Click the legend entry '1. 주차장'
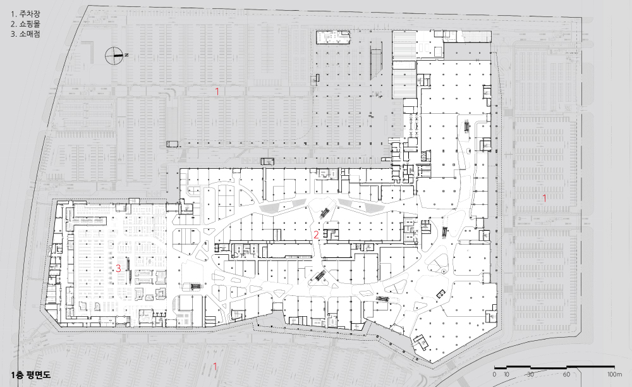pos(25,14)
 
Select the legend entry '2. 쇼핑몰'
pos(25,24)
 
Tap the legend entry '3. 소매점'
pos(25,34)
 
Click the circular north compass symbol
pos(114,56)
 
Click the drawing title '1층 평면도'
pos(31,374)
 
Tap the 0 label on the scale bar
pos(495,374)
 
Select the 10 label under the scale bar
pos(506,374)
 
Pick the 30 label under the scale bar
pos(530,374)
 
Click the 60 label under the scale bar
pos(566,374)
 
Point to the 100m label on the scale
pos(615,374)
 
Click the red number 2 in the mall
pos(317,235)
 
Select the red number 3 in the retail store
pos(119,268)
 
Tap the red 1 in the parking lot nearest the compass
pos(217,92)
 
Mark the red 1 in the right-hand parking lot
pos(545,198)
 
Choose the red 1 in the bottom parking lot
pos(215,366)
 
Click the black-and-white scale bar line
pos(555,367)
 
